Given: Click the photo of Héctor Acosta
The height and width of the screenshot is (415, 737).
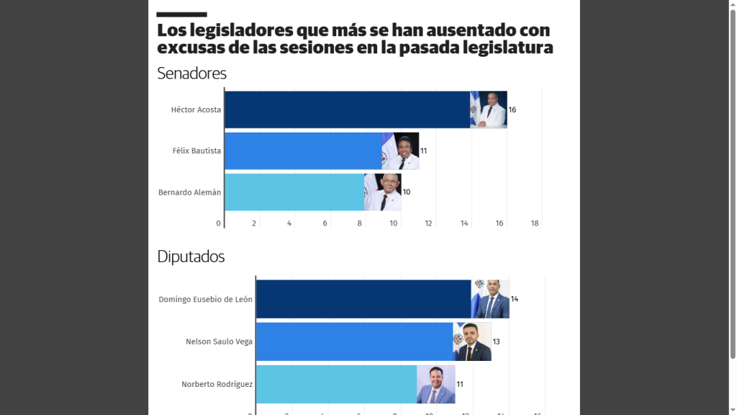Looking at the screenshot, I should coord(489,110).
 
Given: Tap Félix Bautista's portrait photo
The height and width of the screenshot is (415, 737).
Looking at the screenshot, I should coord(400,151).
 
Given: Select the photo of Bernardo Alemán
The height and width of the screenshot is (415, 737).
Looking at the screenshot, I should coord(383,192).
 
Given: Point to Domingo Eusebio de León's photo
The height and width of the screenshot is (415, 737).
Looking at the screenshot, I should coord(490,299).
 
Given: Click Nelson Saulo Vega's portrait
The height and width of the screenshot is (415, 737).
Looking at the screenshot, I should coord(472,342).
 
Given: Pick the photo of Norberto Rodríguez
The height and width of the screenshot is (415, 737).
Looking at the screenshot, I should coord(436,384).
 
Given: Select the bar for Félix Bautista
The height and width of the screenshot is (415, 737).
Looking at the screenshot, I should coord(303,151).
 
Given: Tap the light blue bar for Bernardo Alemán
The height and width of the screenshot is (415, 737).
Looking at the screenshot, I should coord(294,192).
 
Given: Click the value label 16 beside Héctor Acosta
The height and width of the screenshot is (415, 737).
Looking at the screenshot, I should coord(512,110).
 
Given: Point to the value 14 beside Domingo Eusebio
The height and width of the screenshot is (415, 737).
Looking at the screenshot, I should coord(515,299).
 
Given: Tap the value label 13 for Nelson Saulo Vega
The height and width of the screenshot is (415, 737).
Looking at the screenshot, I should coord(497,342).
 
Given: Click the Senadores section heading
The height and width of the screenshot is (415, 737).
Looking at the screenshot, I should coord(191,73).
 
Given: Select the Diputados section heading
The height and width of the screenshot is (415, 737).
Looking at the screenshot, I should coord(191,256).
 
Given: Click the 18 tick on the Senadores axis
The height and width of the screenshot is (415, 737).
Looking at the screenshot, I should coord(535,223).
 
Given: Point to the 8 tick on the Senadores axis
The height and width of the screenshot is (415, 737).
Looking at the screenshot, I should coord(360,223).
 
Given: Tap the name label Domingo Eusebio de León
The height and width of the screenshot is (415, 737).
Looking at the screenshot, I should coord(205,299).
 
